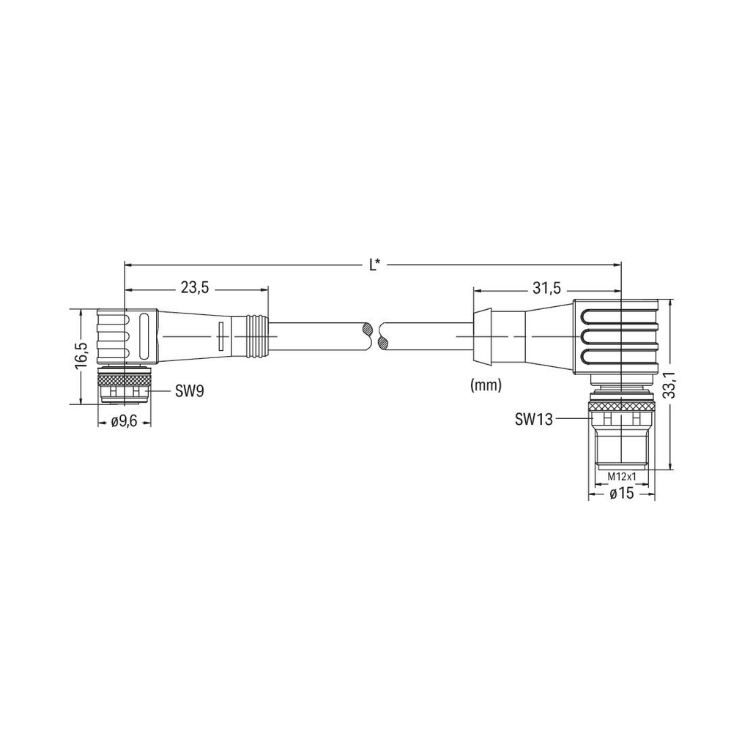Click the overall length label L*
point(375,265)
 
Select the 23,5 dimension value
point(195,288)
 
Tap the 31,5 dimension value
point(546,288)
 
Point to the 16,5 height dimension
point(80,355)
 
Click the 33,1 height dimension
point(671,384)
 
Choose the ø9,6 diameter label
point(124,422)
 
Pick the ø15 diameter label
point(622,493)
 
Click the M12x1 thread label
point(621,476)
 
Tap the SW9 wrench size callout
point(189,391)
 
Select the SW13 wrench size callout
point(533,419)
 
